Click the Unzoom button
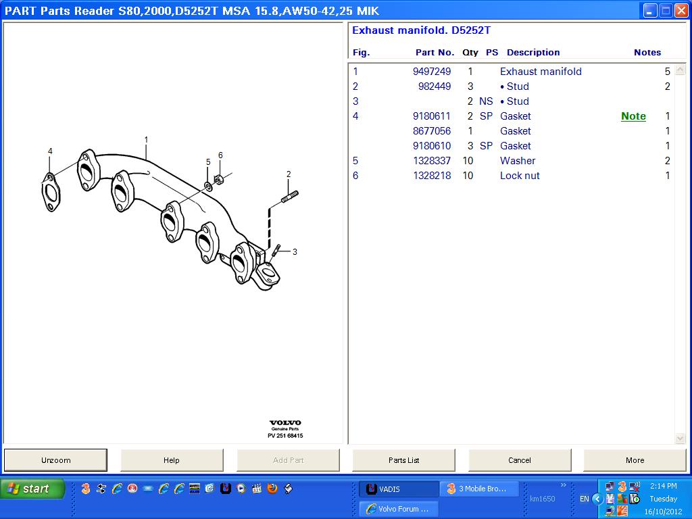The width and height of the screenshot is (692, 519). point(55,460)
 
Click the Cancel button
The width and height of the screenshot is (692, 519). point(519,460)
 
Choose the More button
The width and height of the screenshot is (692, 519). point(635,460)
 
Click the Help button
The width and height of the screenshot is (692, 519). point(172,460)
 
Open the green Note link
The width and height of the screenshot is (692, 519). point(633,116)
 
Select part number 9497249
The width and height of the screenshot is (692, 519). point(432,72)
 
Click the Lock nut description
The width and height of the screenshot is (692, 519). point(520,176)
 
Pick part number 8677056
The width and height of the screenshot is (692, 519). point(432,131)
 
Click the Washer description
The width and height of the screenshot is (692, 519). point(518,161)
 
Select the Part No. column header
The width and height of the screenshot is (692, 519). point(435,53)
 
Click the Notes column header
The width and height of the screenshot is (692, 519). point(647,53)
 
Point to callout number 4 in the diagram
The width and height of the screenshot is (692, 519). point(50,151)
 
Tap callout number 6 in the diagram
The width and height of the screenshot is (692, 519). point(220,155)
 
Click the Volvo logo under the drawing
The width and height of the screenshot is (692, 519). point(285,424)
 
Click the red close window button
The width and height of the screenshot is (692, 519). point(681,11)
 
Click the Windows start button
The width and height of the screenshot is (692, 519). point(32,489)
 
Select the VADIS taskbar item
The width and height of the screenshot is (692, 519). point(398,489)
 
